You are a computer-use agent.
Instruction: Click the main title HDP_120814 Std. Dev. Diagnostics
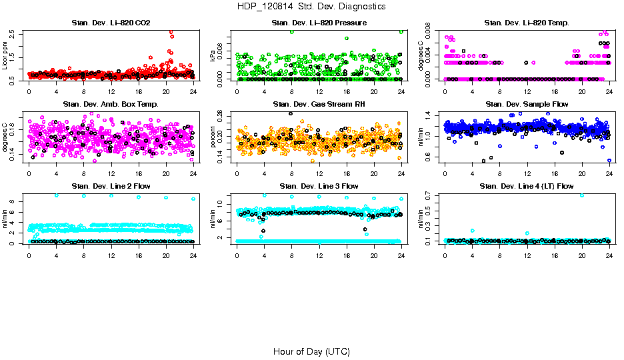[x=311, y=7]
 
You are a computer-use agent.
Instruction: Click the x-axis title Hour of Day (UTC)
[x=311, y=351]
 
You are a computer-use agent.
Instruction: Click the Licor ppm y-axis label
[x=5, y=55]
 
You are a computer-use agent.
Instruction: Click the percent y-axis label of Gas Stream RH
[x=213, y=136]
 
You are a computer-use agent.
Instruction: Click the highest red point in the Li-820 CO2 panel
[x=171, y=32]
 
